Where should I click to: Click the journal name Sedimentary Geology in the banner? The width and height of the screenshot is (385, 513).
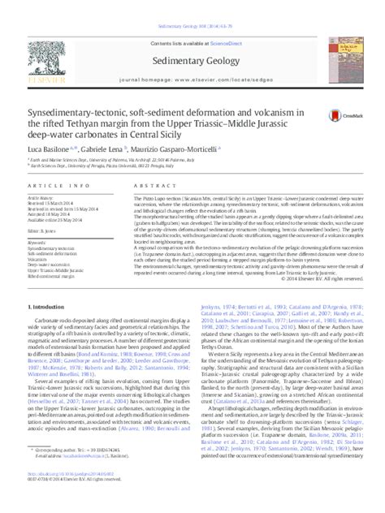[x=193, y=58]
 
